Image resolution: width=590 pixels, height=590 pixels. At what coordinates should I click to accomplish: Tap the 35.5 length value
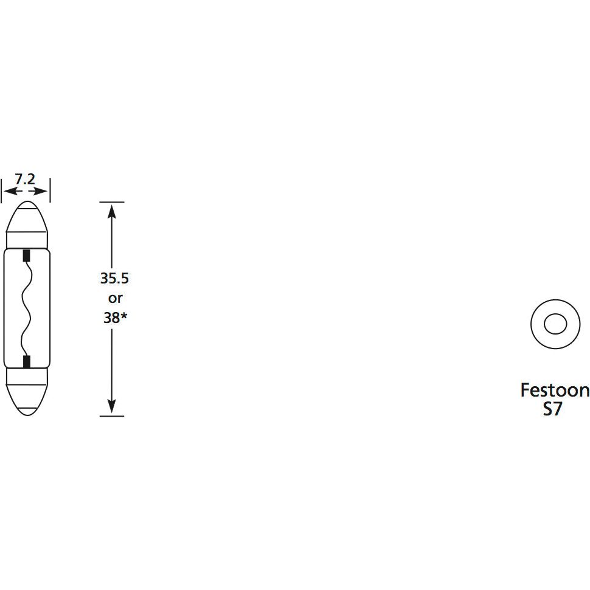pyautogui.click(x=114, y=279)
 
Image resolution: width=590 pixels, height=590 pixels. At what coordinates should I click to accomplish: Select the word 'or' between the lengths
pyautogui.click(x=114, y=299)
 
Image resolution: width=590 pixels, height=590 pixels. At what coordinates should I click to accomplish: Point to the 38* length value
pyautogui.click(x=114, y=318)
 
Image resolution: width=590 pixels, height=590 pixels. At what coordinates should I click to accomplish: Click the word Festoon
pyautogui.click(x=554, y=390)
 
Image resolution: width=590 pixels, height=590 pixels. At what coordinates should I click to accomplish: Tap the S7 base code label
pyautogui.click(x=552, y=409)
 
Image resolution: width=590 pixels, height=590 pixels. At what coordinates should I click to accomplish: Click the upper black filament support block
pyautogui.click(x=26, y=255)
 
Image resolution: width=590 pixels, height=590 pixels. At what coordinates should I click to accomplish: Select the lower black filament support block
pyautogui.click(x=26, y=363)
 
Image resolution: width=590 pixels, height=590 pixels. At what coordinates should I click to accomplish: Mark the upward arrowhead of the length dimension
pyautogui.click(x=112, y=210)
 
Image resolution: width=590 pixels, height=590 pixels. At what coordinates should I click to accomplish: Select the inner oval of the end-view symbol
pyautogui.click(x=554, y=324)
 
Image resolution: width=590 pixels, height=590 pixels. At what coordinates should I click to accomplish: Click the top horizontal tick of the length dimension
pyautogui.click(x=112, y=202)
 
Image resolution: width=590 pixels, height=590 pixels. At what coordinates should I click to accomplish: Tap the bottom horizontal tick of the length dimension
pyautogui.click(x=112, y=416)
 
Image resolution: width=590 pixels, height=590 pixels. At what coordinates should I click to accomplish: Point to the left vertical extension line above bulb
pyautogui.click(x=2, y=190)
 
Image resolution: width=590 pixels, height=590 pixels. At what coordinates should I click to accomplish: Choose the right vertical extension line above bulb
pyautogui.click(x=49, y=190)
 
